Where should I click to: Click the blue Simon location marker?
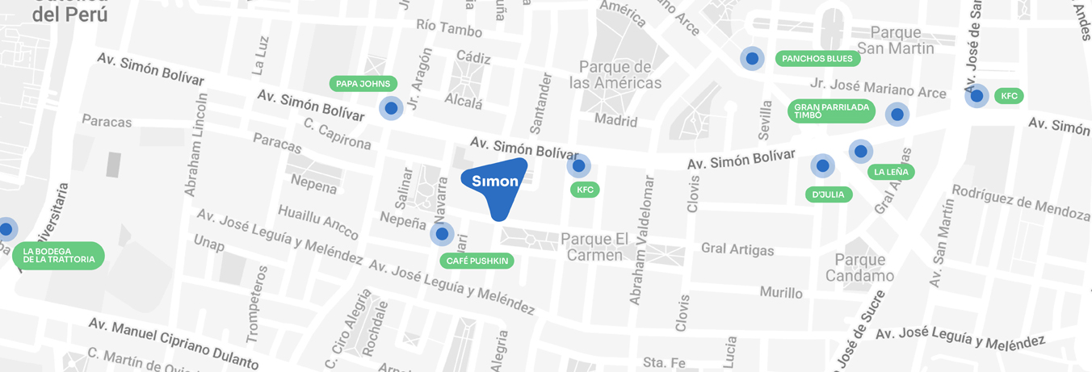point(496,182)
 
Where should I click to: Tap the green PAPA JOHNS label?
point(363,84)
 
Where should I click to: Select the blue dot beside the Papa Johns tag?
point(391,107)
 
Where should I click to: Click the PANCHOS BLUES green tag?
point(817,58)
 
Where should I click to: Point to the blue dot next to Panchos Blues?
point(752,58)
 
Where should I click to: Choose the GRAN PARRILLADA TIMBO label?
point(831,111)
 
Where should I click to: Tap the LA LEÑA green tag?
point(891,172)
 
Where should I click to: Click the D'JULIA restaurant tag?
point(829,194)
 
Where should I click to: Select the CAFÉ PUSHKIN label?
point(476,261)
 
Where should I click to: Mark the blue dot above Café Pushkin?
point(441,234)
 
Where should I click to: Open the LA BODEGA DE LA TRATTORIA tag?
point(59,256)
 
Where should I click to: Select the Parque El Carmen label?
point(594,247)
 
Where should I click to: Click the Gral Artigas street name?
point(737,249)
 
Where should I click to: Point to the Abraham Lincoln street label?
point(196,144)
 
